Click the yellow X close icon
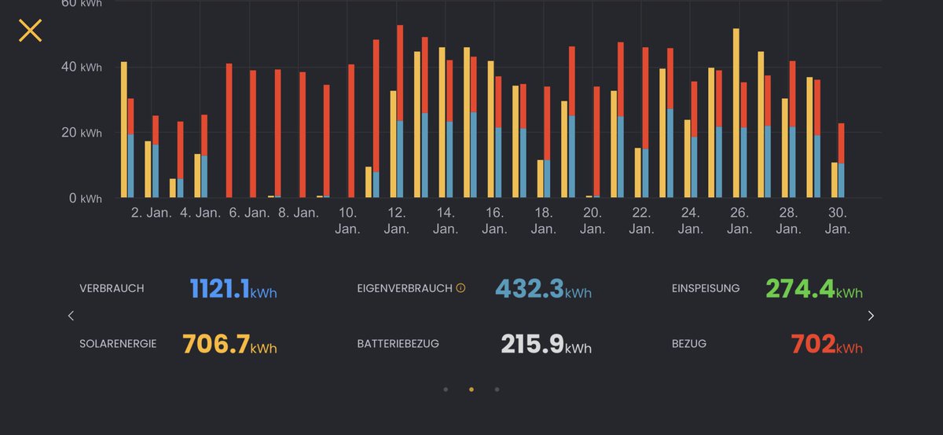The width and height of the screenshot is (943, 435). click(30, 31)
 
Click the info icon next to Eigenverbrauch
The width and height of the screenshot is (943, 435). click(460, 288)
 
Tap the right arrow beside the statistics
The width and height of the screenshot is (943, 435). click(871, 316)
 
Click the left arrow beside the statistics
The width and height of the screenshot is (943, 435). click(71, 316)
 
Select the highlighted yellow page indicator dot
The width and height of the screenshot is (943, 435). click(472, 389)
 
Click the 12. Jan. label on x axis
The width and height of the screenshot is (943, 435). click(396, 221)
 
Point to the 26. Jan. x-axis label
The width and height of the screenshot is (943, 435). click(739, 221)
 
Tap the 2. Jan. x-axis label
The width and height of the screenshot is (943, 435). click(152, 213)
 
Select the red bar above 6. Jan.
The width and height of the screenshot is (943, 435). click(229, 130)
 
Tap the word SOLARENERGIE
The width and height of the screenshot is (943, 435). click(118, 344)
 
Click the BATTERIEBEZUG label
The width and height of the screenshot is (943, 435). click(398, 344)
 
